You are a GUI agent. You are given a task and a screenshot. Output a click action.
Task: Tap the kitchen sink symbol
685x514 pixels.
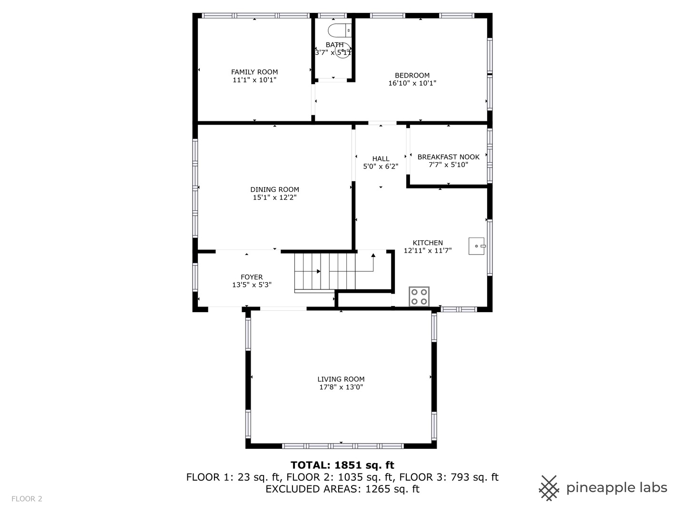pos(476,246)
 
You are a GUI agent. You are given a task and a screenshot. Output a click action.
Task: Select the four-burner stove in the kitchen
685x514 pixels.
pos(419,297)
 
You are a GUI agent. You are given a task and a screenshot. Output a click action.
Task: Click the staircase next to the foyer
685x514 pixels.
pos(324,272)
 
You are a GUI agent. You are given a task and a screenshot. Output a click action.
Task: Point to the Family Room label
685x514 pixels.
pos(254,72)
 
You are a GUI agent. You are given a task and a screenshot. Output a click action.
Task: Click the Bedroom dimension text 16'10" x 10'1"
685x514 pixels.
pos(412,83)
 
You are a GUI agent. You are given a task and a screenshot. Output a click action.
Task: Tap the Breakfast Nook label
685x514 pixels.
pos(448,157)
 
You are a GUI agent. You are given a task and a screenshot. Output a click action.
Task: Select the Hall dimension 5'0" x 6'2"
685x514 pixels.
pos(381,167)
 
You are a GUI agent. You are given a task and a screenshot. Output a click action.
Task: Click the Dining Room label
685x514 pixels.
pos(274,189)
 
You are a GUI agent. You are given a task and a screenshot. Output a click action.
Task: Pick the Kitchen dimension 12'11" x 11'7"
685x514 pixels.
pos(427,251)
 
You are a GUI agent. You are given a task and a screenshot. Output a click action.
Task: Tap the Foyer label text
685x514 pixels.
pos(252,277)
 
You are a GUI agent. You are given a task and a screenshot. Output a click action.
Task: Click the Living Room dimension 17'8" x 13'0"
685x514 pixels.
pos(341,387)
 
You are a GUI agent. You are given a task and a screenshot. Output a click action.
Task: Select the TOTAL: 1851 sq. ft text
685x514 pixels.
pos(342,465)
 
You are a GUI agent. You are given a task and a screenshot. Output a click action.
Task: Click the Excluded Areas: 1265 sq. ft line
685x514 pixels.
pos(342,489)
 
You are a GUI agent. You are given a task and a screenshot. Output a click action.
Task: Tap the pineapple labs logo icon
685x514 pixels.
pos(548,488)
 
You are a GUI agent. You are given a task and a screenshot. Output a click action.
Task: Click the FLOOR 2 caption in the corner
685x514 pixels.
pos(27,499)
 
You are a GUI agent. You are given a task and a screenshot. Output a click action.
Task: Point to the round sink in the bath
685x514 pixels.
pos(342,50)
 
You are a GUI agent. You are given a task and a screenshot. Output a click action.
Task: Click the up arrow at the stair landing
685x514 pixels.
pos(373,256)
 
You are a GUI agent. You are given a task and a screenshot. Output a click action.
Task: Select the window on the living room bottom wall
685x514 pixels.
pos(342,446)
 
